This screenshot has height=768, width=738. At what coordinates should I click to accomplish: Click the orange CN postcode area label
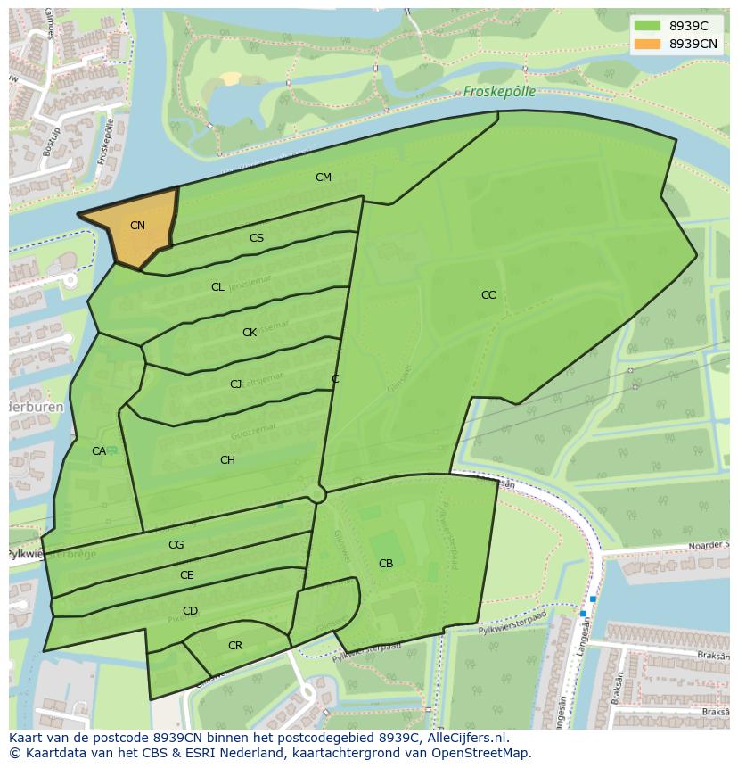coord(137,226)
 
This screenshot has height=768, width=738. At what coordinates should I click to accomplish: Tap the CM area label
coord(324,178)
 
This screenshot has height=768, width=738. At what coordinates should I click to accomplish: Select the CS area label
coord(257,238)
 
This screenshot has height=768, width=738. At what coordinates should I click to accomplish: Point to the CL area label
coord(217,287)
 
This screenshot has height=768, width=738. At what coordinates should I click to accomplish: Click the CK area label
coord(250,333)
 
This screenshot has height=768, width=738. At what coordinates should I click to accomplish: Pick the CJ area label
coord(235,384)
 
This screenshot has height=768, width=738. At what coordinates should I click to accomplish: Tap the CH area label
coord(227,460)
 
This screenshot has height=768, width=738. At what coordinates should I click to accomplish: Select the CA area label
coord(99,451)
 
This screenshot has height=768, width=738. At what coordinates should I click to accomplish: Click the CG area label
coord(176,545)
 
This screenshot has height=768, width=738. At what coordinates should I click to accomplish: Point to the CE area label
coord(186,575)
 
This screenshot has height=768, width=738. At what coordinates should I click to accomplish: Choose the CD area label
coord(190,611)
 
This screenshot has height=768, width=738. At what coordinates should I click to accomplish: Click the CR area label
coord(235,646)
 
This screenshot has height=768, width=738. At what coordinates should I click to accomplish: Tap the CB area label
coord(386,564)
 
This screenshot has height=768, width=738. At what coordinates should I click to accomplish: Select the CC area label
coord(488,295)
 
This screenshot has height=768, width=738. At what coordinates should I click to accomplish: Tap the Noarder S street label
coord(709,545)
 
